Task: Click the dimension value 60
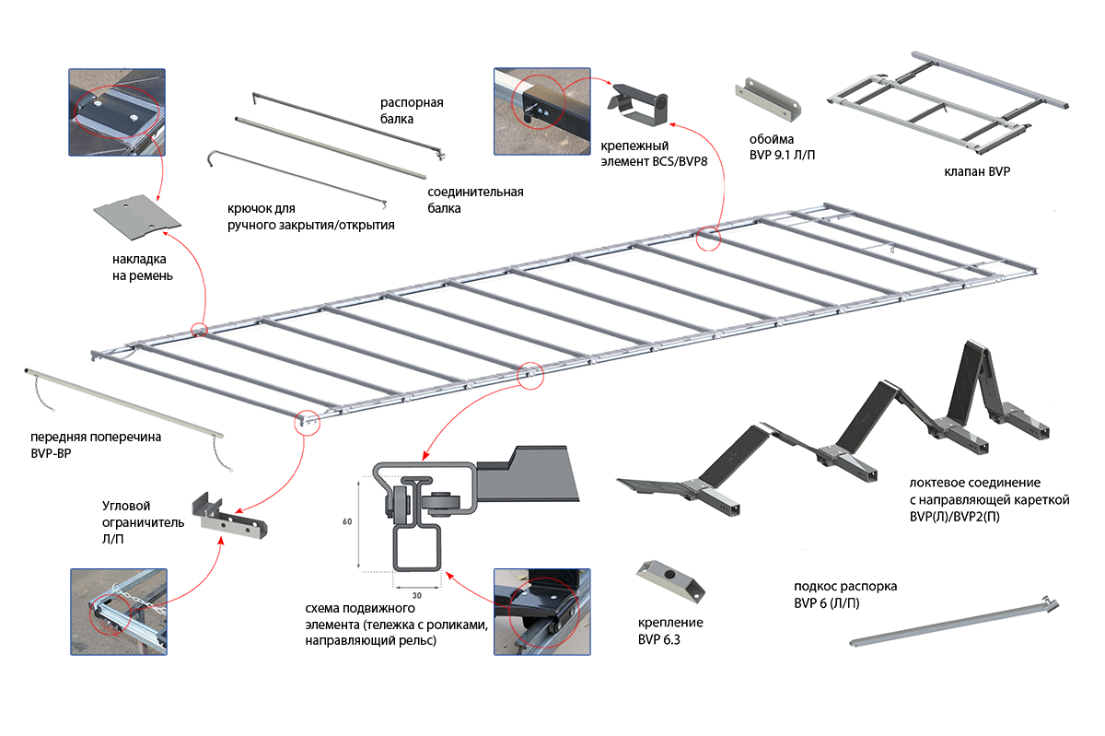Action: tap(347, 522)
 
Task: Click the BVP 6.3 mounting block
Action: tap(669, 578)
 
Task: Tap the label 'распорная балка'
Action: tap(412, 111)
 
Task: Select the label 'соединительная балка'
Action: tap(475, 200)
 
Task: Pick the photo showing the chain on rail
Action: tap(119, 612)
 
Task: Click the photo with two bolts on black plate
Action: tap(116, 111)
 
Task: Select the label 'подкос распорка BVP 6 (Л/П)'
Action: tap(844, 595)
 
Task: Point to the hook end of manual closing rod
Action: tap(212, 158)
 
